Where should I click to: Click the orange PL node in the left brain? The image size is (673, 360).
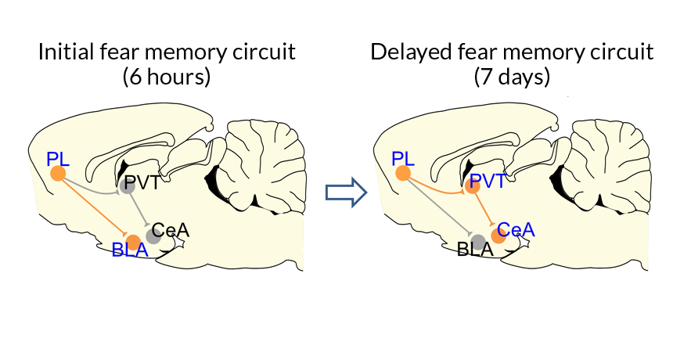[x=58, y=174]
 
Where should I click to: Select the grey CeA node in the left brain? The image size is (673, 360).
[x=153, y=236]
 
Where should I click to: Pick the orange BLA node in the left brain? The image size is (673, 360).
[x=134, y=241]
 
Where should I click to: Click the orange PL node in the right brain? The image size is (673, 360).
[x=403, y=174]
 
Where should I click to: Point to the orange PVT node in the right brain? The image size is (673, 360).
[x=473, y=186]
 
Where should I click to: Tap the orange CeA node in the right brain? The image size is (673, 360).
[x=498, y=236]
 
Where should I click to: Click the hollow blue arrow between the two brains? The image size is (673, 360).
[x=345, y=191]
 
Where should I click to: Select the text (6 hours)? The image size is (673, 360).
[x=167, y=77]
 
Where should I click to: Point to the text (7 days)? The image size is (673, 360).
[x=512, y=77]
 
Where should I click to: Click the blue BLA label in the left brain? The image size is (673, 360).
[x=130, y=252]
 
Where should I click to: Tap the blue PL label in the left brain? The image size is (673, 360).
[x=58, y=158]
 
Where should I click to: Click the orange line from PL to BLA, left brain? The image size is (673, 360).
[x=94, y=207]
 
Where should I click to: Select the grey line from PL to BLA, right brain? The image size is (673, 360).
[x=439, y=207]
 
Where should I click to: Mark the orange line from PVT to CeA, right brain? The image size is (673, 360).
[x=485, y=211]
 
